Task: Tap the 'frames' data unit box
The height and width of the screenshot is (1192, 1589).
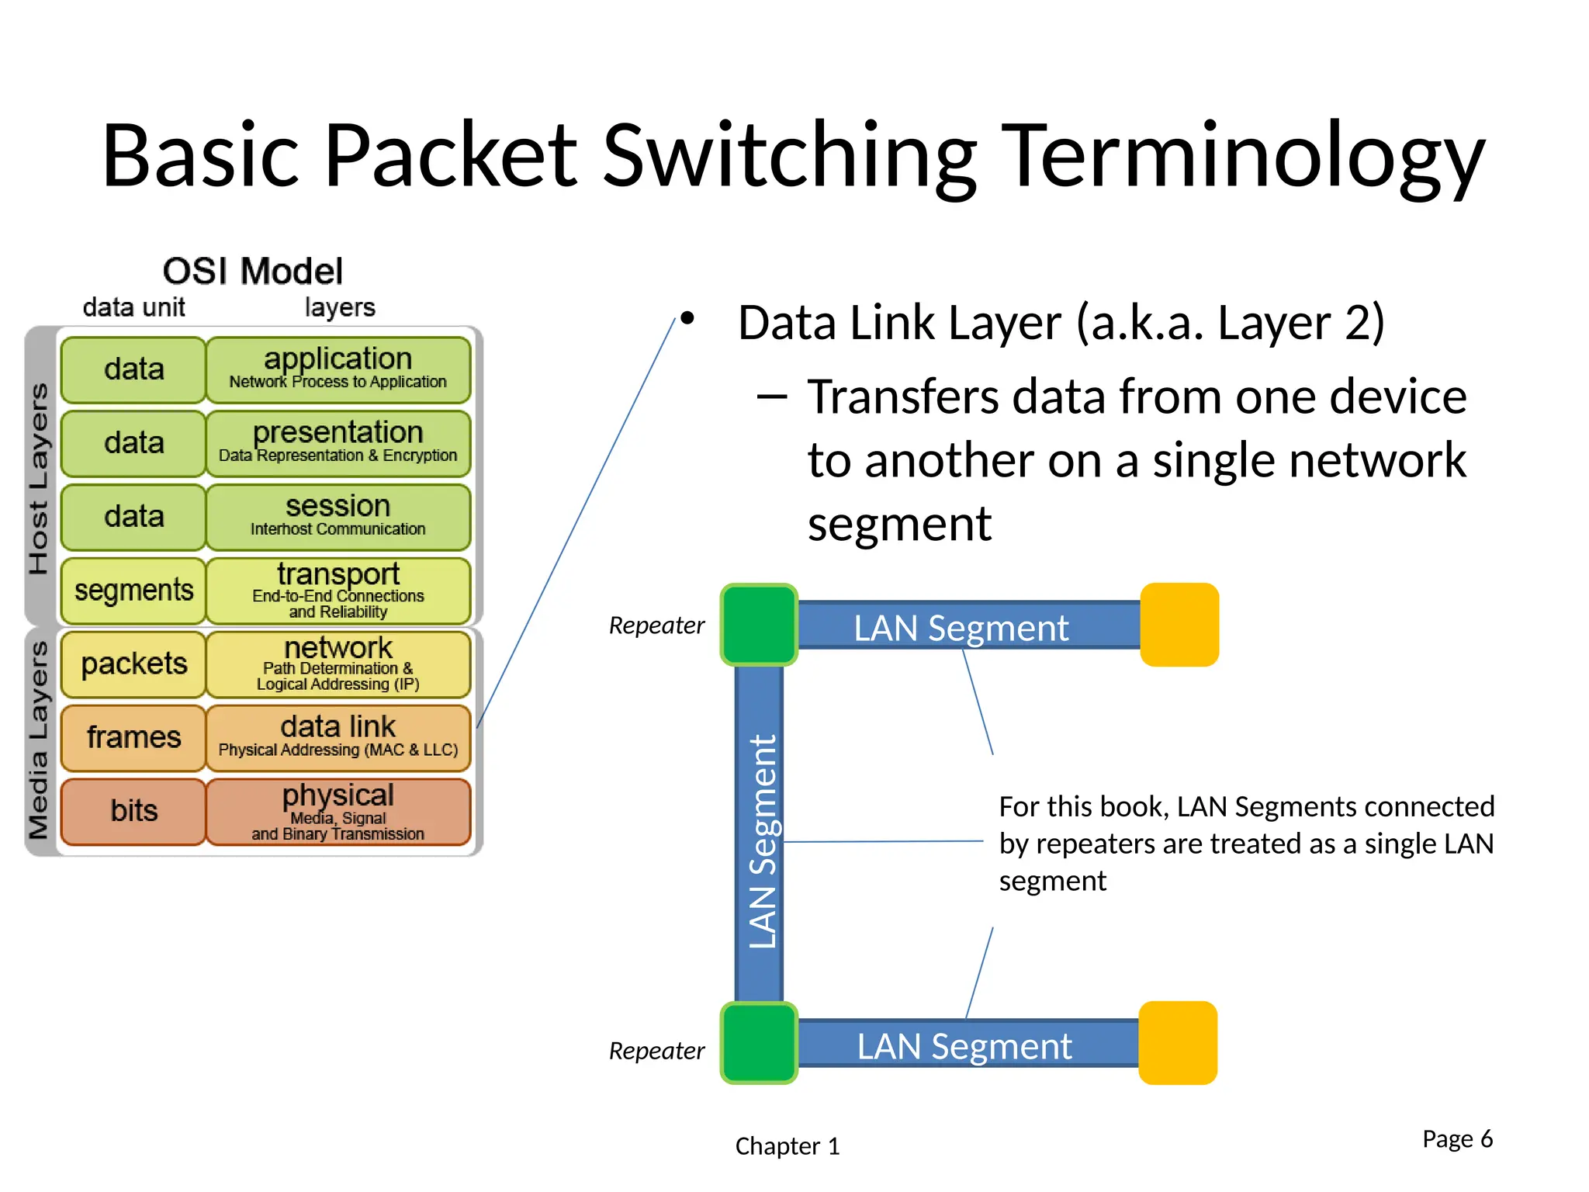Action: [133, 737]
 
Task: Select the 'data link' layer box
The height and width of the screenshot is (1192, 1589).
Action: [338, 737]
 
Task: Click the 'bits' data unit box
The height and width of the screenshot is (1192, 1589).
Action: [133, 811]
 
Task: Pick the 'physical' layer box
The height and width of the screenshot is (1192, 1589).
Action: [338, 811]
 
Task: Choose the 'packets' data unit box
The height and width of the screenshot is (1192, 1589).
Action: [133, 664]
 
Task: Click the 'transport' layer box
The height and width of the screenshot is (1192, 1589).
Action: [338, 591]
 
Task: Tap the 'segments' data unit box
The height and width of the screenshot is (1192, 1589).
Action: [133, 591]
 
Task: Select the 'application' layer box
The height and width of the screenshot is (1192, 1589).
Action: [338, 369]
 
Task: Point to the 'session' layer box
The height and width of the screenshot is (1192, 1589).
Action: [338, 517]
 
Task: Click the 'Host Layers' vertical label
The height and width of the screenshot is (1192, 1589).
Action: [39, 478]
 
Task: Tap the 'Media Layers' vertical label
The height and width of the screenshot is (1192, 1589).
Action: [39, 740]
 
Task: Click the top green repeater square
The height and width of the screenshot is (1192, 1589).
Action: [759, 625]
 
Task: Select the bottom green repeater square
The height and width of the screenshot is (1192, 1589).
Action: [759, 1043]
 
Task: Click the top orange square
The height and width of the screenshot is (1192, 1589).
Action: [1179, 625]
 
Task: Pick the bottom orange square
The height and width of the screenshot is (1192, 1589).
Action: [1178, 1043]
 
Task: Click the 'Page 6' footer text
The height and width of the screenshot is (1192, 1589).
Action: [1457, 1138]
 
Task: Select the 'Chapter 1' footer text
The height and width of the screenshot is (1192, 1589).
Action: [787, 1146]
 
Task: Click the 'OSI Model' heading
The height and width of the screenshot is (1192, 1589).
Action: [252, 272]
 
